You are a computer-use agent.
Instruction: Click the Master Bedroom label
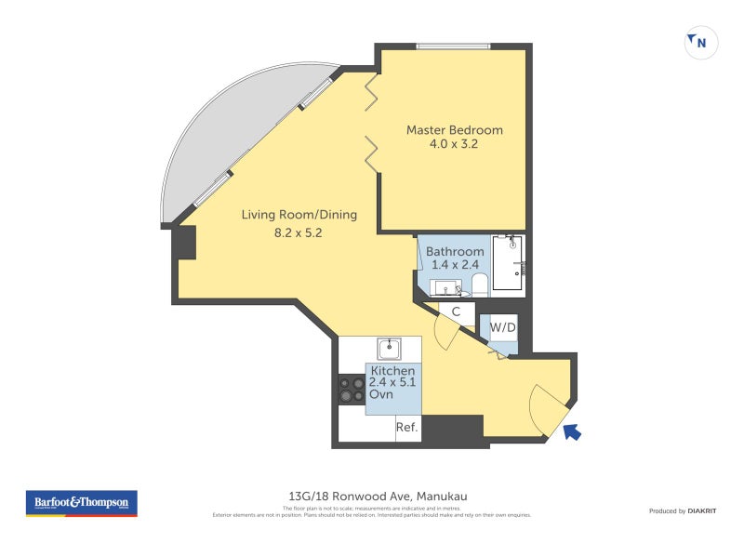coord(454,130)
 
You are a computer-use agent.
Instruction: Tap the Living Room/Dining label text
coord(299,215)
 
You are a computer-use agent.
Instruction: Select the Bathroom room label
coord(455,252)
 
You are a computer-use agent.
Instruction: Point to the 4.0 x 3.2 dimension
coord(454,144)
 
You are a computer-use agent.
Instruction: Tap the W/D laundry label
coord(503,327)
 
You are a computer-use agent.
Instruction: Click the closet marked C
coord(457,312)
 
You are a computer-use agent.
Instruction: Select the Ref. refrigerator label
coord(406,428)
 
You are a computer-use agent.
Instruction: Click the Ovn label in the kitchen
coord(381,394)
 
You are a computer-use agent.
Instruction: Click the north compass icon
coord(700,42)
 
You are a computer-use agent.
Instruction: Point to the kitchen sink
coord(390,349)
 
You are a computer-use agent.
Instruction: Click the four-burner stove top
coord(352,389)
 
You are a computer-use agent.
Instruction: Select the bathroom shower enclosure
coord(508,262)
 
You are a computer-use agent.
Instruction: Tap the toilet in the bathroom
coord(479,284)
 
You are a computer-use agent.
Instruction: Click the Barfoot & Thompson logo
coord(81,503)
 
